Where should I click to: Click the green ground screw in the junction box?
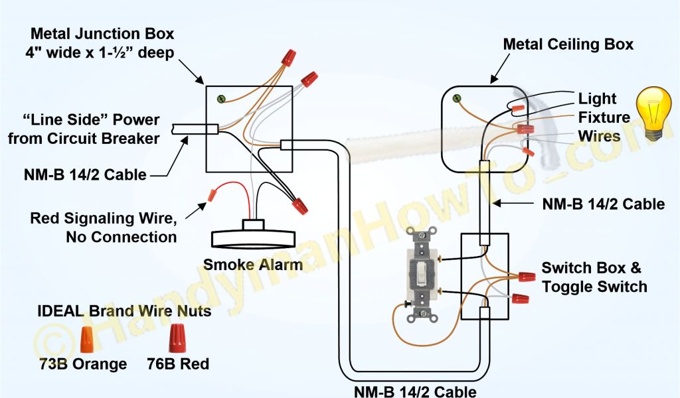tap(222, 98)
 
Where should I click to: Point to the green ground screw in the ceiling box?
tap(457, 99)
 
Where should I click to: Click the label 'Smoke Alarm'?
tap(252, 265)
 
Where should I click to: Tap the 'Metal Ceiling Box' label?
tap(568, 44)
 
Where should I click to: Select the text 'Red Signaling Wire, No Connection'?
tap(104, 228)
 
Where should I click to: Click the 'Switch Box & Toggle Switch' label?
tap(594, 277)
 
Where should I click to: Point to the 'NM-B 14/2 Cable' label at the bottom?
tap(414, 391)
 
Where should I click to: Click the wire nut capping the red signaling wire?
tap(211, 195)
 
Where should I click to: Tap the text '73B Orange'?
tap(82, 364)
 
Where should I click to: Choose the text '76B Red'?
tap(178, 364)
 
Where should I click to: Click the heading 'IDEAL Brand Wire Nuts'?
tap(124, 310)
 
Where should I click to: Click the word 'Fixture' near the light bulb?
tap(604, 117)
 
